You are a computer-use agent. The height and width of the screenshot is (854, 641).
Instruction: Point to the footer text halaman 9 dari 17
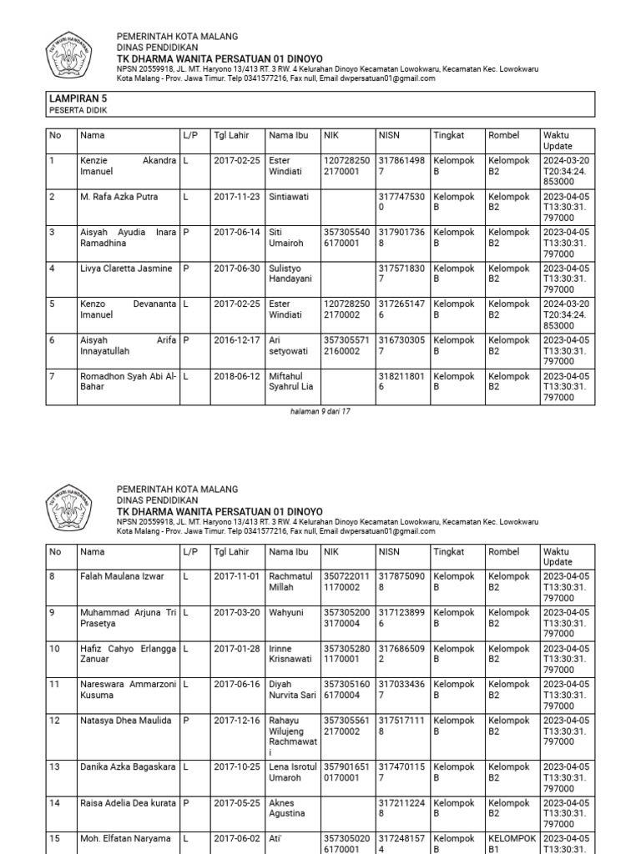coord(320,411)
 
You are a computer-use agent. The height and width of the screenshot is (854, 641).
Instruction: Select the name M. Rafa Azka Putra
coord(119,197)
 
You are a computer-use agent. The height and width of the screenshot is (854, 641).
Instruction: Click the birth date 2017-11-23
coord(237,197)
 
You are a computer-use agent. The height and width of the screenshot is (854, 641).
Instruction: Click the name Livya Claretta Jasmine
coord(125,269)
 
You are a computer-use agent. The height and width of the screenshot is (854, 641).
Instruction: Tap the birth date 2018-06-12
coord(237,376)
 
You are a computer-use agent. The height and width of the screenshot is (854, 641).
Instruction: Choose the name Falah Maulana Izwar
coord(122,576)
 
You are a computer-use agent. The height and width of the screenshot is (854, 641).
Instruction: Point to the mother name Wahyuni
coord(285,612)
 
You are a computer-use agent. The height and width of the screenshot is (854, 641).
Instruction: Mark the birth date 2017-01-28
coord(237,648)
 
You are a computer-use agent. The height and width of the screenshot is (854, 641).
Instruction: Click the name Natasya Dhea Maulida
coord(125,720)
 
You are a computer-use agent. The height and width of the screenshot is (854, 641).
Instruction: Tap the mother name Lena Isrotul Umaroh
coord(292,772)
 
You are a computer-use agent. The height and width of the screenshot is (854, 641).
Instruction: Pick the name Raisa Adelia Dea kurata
coord(128,802)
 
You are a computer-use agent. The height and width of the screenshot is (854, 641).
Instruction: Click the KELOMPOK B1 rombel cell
coord(511,843)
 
